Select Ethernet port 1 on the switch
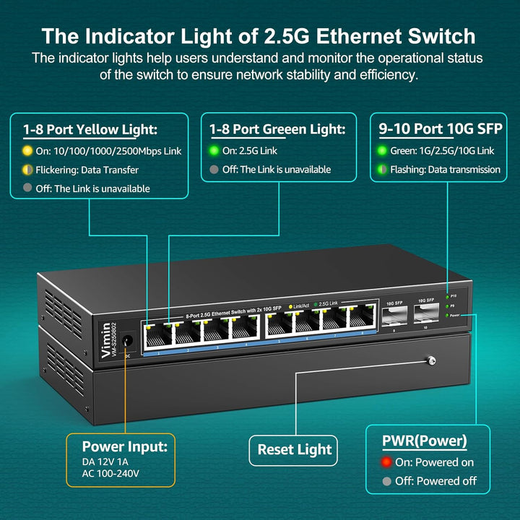pos(153,332)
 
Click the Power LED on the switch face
pos(448,316)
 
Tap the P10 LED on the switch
pos(448,296)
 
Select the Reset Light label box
pos(295,450)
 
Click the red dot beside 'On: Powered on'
pos(388,461)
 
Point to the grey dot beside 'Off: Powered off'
pos(388,481)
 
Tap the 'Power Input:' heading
pos(124,446)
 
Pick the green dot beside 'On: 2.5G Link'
pos(214,151)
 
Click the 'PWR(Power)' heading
pos(424,441)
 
